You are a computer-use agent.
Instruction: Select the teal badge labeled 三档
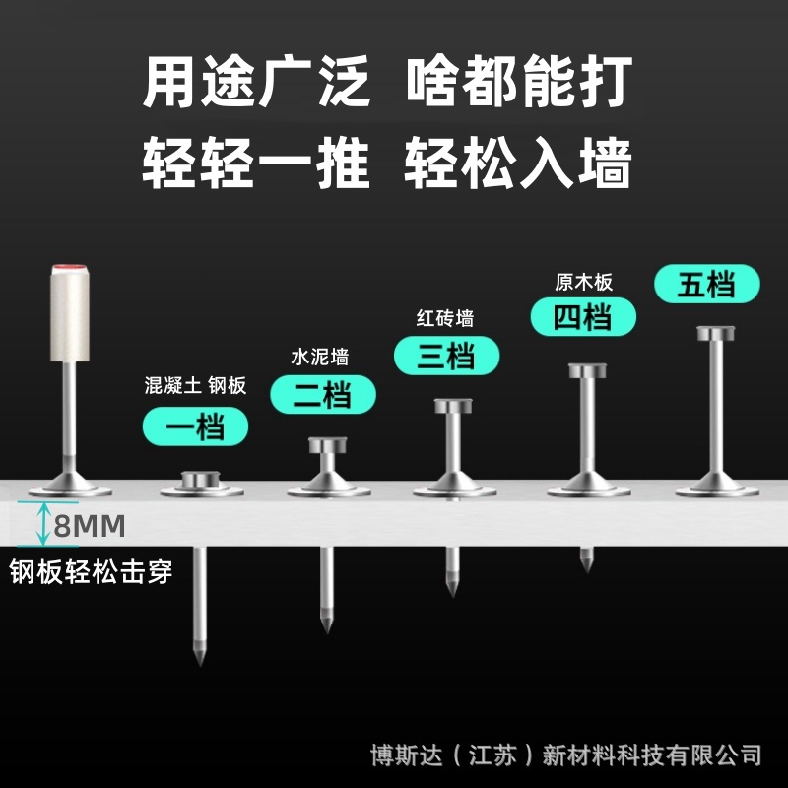tap(446, 356)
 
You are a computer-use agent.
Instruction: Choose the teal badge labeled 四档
tap(583, 316)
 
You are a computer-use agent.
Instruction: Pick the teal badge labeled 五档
tap(707, 286)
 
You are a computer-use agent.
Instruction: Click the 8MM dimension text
tap(90, 527)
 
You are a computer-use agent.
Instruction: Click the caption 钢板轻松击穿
tap(92, 572)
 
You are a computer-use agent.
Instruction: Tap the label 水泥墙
tap(320, 356)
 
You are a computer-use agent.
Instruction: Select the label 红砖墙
tap(445, 318)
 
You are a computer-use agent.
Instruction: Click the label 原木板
tap(584, 282)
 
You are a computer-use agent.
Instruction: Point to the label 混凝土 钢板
tap(195, 385)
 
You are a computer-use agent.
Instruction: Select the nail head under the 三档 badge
tap(455, 405)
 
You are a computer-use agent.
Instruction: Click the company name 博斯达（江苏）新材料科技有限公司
tap(566, 755)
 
